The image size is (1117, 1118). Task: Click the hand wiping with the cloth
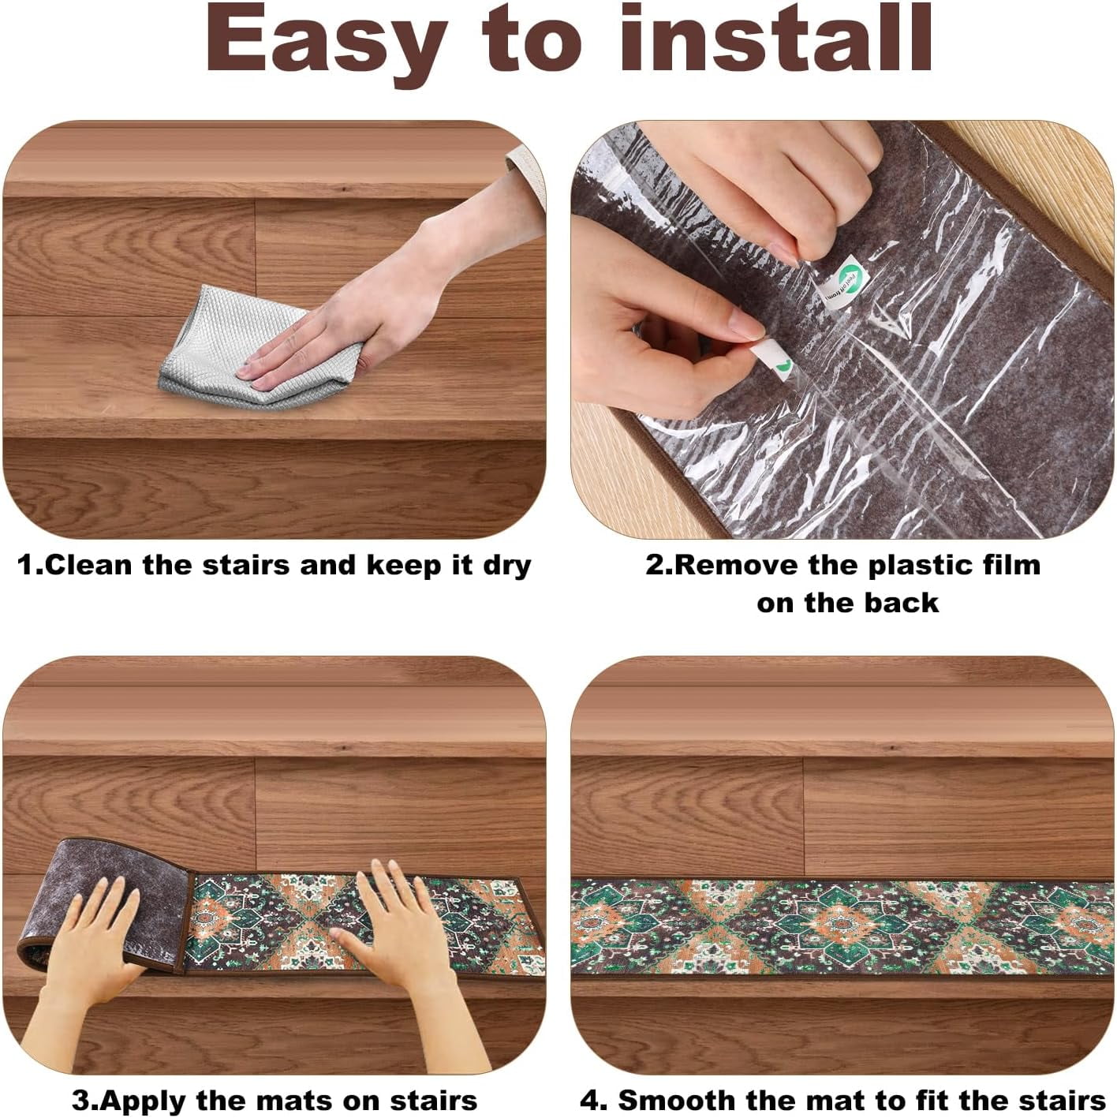372,290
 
